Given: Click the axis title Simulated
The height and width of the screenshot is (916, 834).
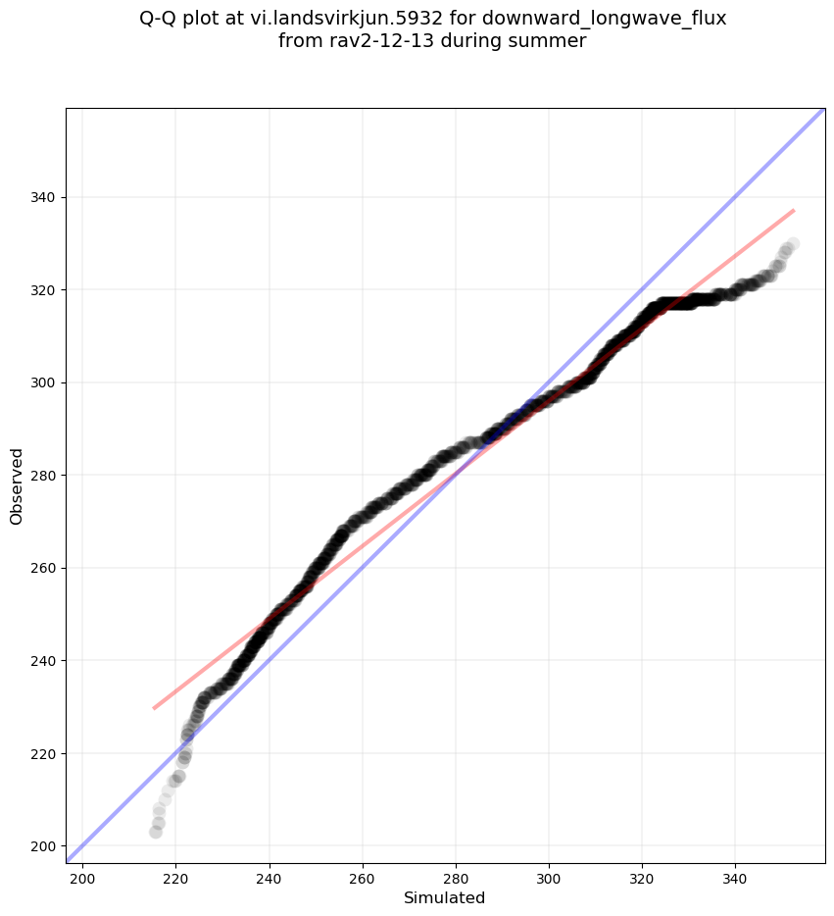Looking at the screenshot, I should click(445, 897).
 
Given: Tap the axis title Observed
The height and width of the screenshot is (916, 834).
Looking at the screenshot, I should click(17, 486).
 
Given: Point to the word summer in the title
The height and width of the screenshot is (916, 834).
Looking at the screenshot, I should click(552, 41).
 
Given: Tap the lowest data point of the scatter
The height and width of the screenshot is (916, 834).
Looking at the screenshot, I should click(156, 832).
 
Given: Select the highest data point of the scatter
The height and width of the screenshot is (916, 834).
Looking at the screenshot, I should click(792, 243).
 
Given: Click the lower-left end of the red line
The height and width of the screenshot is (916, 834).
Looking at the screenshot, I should click(154, 707).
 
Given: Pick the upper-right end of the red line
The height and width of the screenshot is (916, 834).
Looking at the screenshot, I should click(794, 210).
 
